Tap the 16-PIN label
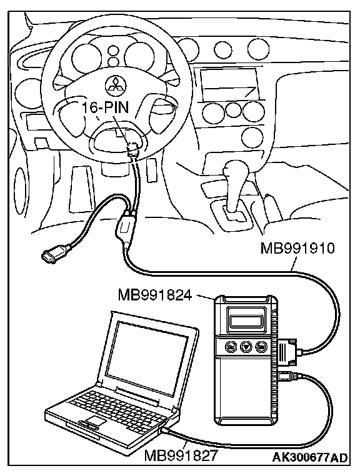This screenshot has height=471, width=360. (105, 107)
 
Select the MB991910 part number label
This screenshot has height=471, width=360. (297, 249)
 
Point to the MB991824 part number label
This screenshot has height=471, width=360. (155, 295)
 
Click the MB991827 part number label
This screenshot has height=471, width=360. (181, 455)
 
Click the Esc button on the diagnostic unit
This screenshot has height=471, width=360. (231, 347)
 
